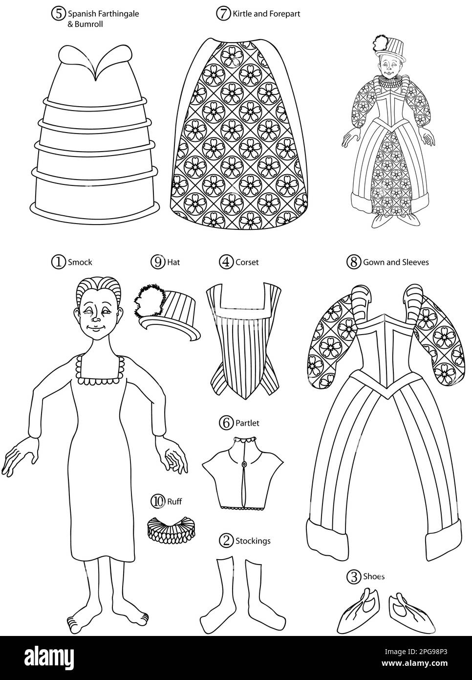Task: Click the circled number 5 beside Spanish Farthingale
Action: point(59,14)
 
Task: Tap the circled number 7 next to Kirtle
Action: point(223,14)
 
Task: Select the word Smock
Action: point(80,262)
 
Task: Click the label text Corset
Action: point(247,262)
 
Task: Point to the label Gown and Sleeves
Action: point(395,262)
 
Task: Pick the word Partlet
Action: point(247,423)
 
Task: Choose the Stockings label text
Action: point(253,541)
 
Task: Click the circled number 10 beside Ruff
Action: point(157,501)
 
